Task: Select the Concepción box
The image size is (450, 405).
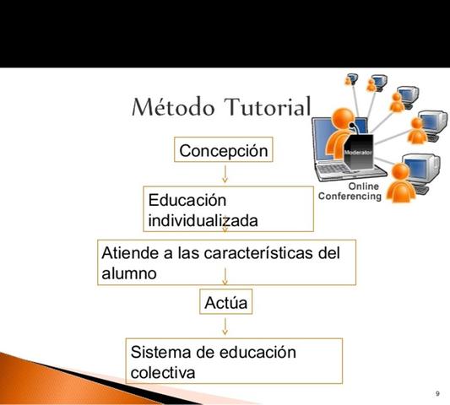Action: click(x=225, y=150)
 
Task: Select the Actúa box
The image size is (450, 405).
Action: click(x=225, y=301)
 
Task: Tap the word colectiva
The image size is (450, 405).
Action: click(x=163, y=371)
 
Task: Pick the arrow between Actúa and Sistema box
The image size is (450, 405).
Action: click(x=225, y=325)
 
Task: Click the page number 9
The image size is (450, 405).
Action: click(x=437, y=394)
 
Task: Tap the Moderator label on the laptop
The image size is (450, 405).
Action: click(x=358, y=152)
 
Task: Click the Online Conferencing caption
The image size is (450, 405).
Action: click(x=350, y=192)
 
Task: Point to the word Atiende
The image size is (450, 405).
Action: click(x=127, y=253)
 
